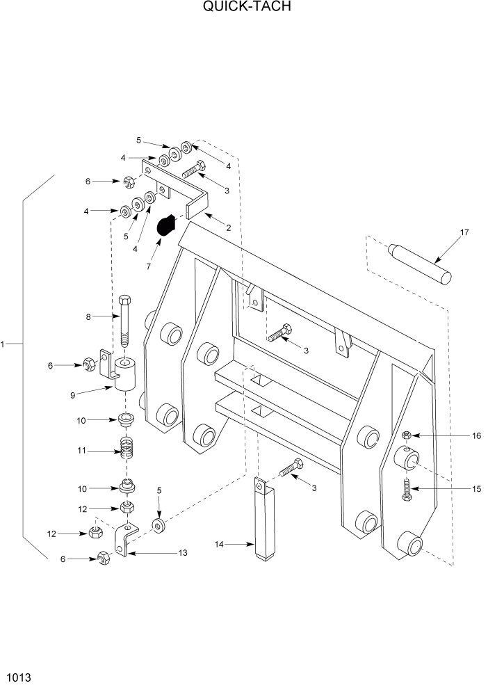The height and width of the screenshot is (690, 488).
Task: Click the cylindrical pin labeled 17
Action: point(420,262)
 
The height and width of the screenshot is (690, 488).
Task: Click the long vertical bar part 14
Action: point(263,517)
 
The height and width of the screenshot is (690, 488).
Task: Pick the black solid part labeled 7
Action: point(166,226)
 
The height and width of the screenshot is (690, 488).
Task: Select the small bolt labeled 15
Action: point(407,490)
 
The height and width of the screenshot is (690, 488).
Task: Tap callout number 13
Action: point(183,553)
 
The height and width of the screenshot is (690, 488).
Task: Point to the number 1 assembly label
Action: point(3,344)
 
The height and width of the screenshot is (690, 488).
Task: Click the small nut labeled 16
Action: point(407,435)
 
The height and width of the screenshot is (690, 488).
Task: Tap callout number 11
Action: point(82,451)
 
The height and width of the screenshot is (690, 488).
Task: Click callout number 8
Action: point(89,317)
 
